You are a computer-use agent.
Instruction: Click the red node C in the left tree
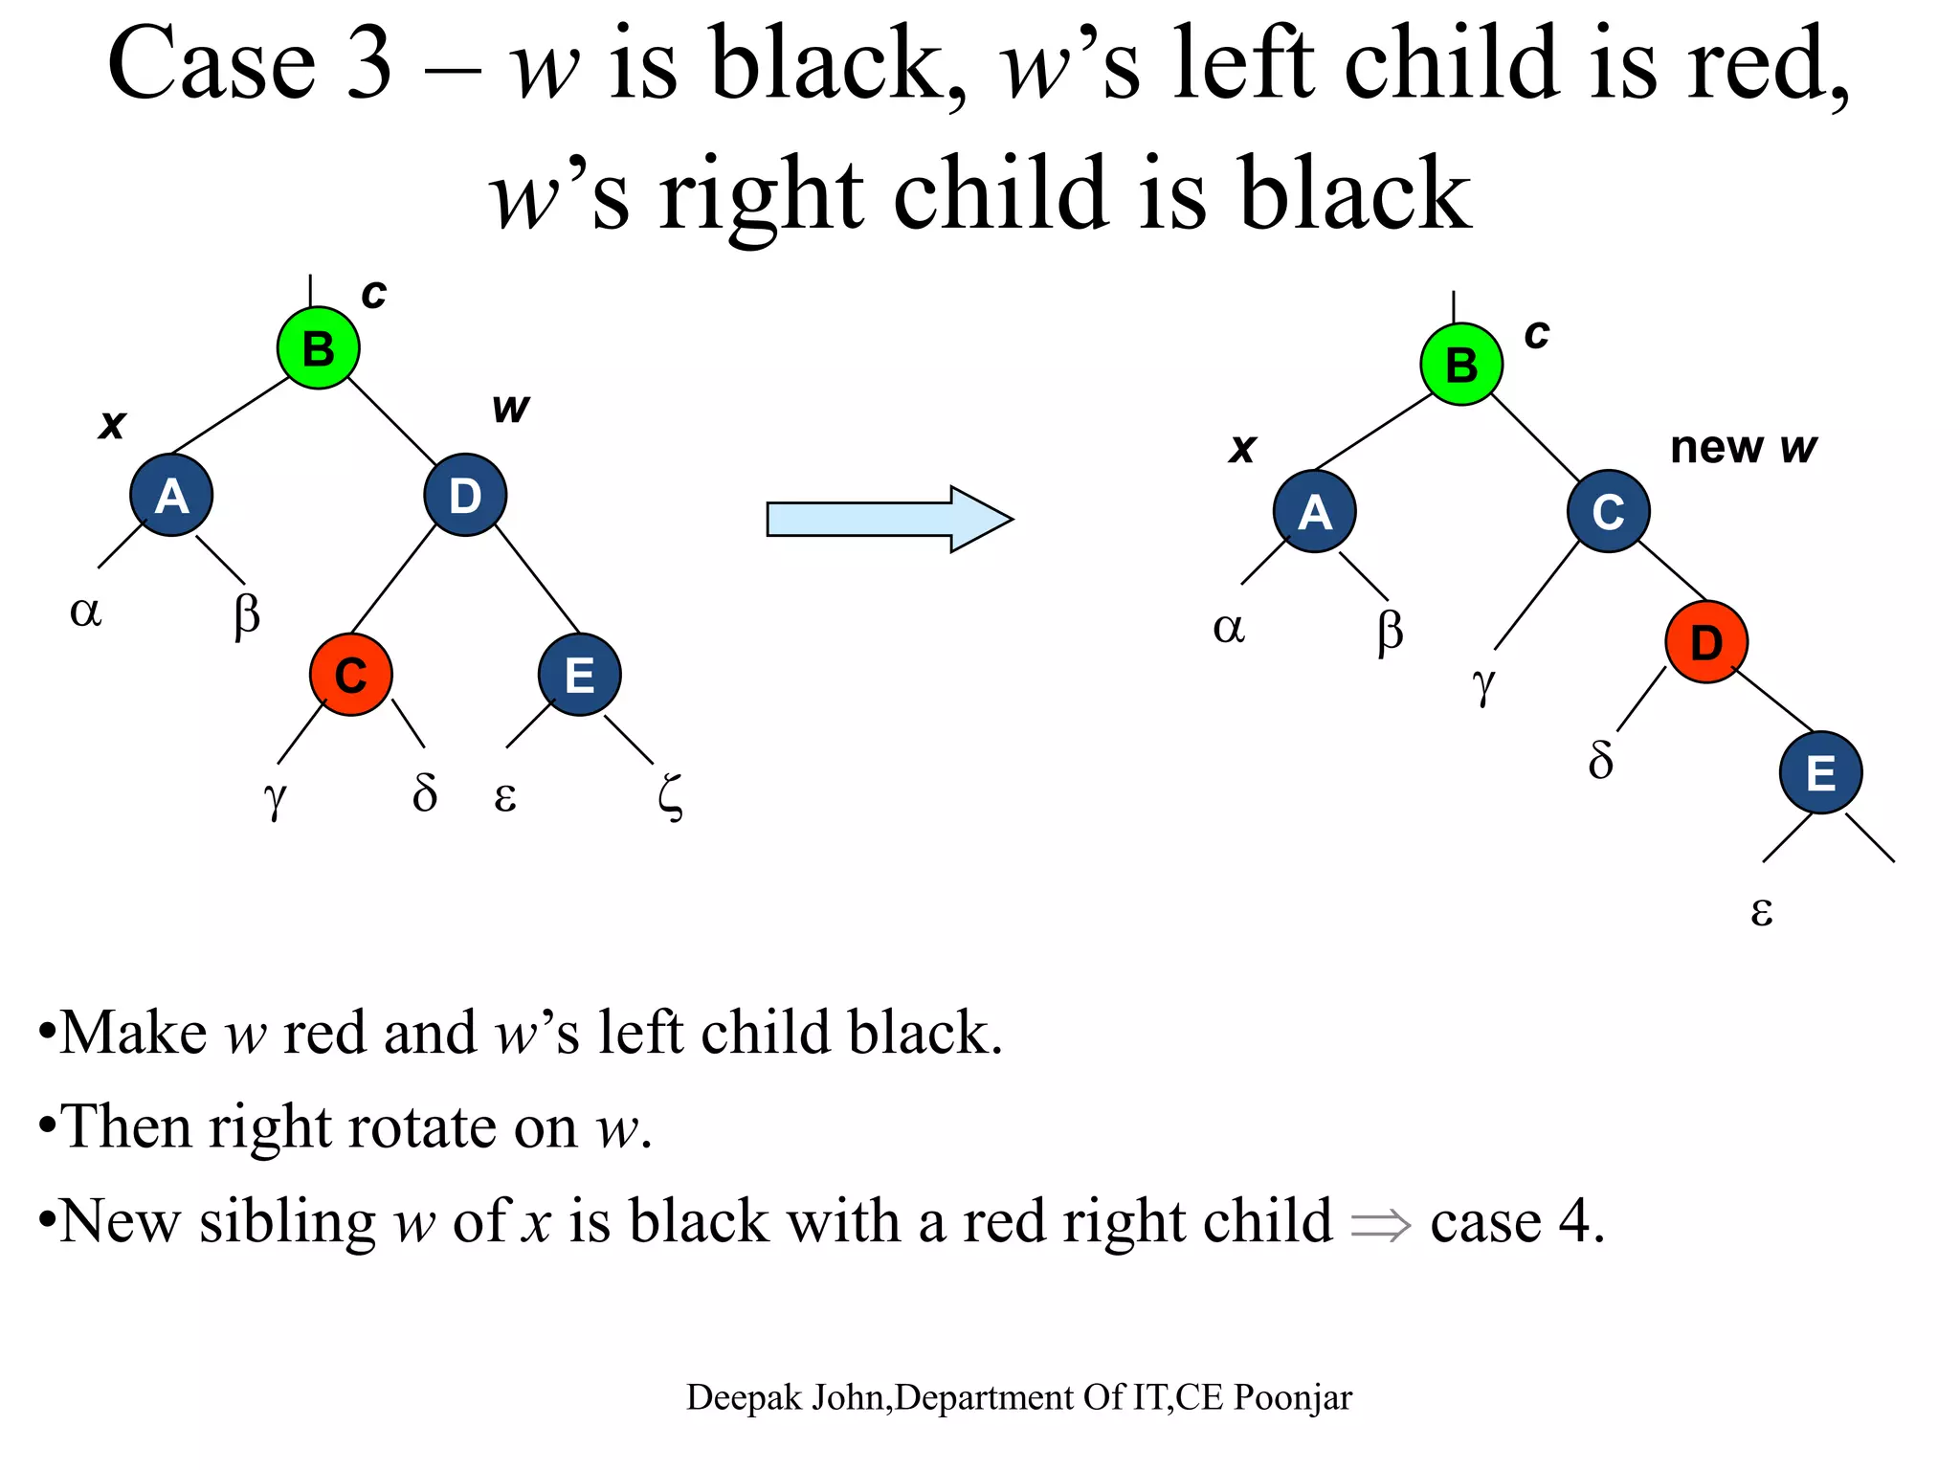pyautogui.click(x=350, y=675)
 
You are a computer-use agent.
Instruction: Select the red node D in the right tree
pyautogui.click(x=1706, y=641)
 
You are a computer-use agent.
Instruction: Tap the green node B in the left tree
pyautogui.click(x=319, y=347)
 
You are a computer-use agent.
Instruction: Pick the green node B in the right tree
pyautogui.click(x=1461, y=364)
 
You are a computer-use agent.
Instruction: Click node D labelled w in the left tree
pyautogui.click(x=465, y=495)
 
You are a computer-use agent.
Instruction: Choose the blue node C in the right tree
pyautogui.click(x=1608, y=511)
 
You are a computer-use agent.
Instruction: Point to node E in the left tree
pyautogui.click(x=579, y=675)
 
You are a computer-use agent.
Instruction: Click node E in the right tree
pyautogui.click(x=1820, y=772)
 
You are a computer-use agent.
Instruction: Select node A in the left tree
pyautogui.click(x=171, y=495)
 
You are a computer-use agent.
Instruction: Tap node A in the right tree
pyautogui.click(x=1314, y=511)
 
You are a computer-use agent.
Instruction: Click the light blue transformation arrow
pyautogui.click(x=889, y=519)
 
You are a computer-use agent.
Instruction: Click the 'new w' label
pyautogui.click(x=1743, y=447)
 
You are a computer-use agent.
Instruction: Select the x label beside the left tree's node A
pyautogui.click(x=112, y=423)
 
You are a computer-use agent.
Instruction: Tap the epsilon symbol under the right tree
pyautogui.click(x=1761, y=910)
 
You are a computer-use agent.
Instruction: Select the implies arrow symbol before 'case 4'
pyautogui.click(x=1380, y=1224)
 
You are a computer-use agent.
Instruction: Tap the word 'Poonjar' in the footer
pyautogui.click(x=1292, y=1397)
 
